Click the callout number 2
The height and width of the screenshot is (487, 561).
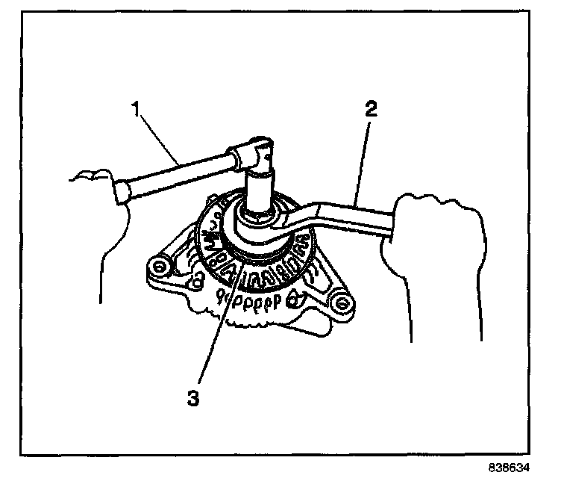[x=371, y=110]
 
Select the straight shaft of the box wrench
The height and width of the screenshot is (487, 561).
[x=351, y=213]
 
